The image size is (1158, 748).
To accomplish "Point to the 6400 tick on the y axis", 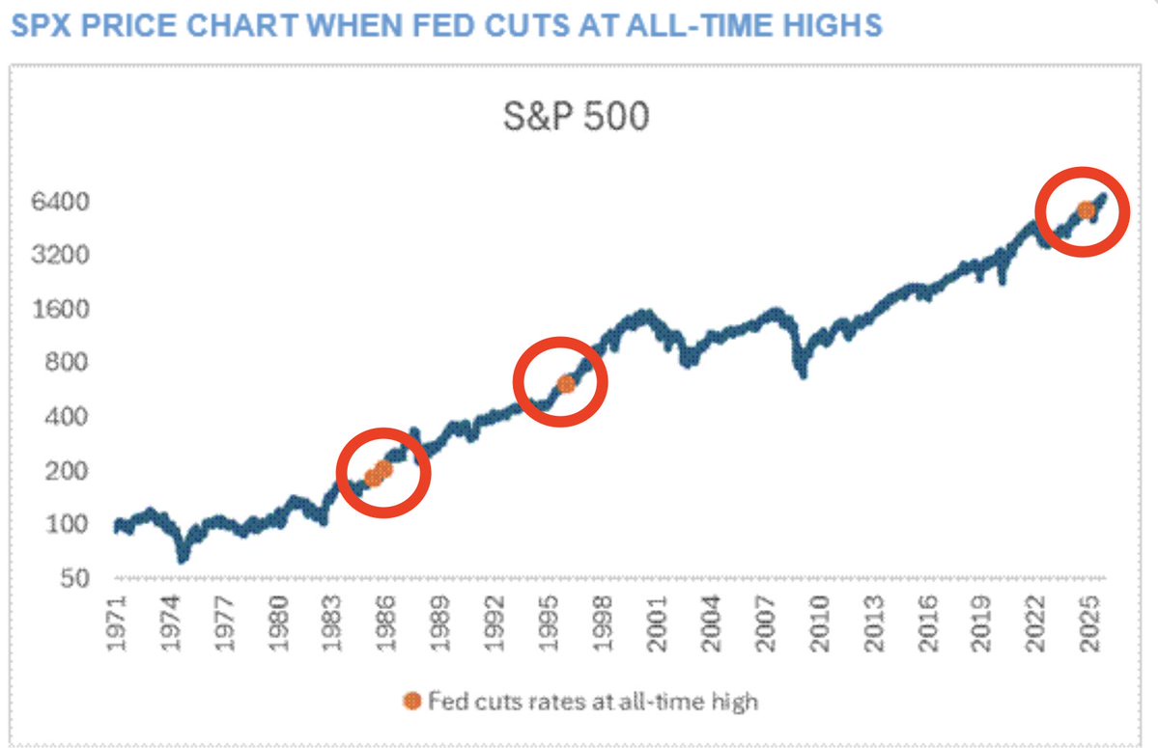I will tap(65, 203).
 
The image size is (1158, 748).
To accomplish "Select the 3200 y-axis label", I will tap(65, 256).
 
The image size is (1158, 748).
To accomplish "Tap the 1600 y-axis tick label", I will tap(65, 310).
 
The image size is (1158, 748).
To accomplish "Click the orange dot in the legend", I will tap(412, 702).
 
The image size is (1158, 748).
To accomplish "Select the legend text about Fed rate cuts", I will tap(592, 702).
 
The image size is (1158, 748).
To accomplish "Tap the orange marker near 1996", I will tap(566, 383).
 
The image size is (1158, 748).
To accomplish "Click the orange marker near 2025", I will tap(1086, 209).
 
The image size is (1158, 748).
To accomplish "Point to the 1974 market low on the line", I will tap(183, 557).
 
